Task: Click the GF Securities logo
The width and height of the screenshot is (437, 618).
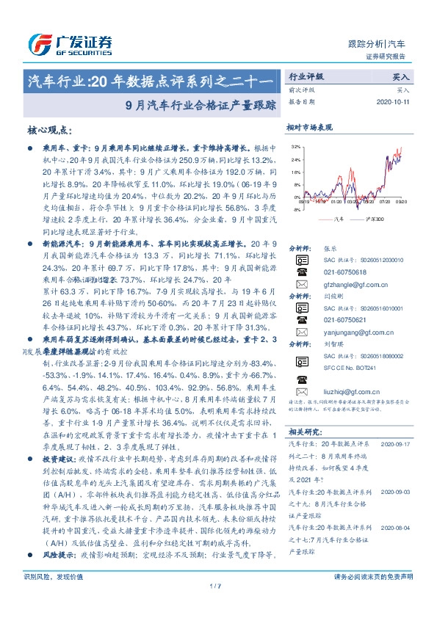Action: click(x=69, y=40)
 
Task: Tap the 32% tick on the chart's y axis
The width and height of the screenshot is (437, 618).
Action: click(x=295, y=147)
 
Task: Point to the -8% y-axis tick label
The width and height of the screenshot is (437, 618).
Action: click(x=295, y=209)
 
